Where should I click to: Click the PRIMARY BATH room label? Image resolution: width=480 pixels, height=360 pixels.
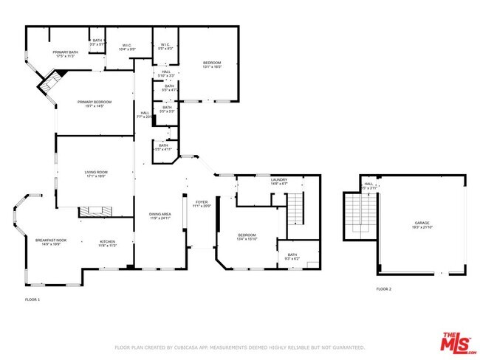click(65, 52)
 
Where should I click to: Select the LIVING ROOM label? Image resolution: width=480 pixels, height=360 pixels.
click(96, 172)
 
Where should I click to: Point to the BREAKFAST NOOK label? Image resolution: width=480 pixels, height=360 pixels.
click(50, 240)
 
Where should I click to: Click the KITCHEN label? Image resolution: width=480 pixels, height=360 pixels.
click(109, 240)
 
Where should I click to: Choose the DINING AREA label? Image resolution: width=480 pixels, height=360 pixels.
click(160, 214)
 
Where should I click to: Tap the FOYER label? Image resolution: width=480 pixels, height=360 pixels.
click(202, 201)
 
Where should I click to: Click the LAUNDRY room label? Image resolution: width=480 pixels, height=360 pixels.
click(278, 179)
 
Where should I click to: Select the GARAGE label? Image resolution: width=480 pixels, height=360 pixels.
click(422, 222)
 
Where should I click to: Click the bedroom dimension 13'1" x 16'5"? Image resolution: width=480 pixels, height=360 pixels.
click(212, 67)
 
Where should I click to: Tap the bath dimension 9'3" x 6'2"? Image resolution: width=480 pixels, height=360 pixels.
click(292, 259)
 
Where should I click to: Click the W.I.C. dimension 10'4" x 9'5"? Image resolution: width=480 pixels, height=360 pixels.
click(126, 50)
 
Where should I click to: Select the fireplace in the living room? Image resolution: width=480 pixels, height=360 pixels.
click(95, 211)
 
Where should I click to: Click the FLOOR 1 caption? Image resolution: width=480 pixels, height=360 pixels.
click(32, 300)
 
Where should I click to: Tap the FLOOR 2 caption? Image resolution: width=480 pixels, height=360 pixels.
click(384, 289)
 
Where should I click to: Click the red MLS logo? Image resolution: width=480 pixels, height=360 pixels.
click(459, 343)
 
